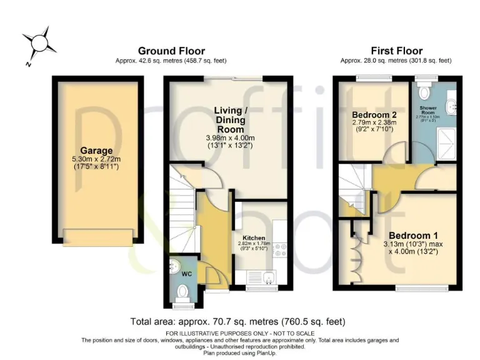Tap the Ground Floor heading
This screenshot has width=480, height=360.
point(171,51)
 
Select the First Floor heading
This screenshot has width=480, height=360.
point(396,51)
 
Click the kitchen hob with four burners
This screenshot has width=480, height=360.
point(280,250)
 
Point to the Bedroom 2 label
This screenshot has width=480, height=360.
point(374,115)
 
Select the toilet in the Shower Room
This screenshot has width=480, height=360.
point(425,92)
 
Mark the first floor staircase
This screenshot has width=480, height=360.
point(353,187)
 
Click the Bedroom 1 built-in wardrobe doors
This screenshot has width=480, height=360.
point(356,257)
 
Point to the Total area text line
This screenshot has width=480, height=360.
point(237,322)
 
